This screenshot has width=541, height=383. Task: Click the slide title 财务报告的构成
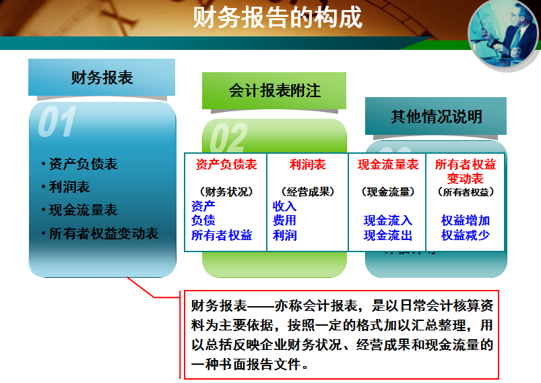pos(277,18)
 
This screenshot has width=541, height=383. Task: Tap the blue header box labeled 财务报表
pos(102,78)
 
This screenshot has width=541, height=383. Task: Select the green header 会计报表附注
pos(274,90)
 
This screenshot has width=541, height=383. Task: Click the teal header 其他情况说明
pos(436,116)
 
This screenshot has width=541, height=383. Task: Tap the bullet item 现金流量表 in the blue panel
pos(83,210)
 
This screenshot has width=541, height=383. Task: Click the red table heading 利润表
pos(307,165)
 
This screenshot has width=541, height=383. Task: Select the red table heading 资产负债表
pos(226,165)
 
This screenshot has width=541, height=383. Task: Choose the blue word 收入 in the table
pos(284,206)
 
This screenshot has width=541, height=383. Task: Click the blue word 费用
pos(284,220)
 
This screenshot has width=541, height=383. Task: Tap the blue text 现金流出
pos(388,235)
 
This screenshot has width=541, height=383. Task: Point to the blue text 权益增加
pos(466,220)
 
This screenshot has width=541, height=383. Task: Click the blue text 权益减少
pos(466,235)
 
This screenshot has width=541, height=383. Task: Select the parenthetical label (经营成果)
pos(307,191)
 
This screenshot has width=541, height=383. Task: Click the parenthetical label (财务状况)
pos(226,191)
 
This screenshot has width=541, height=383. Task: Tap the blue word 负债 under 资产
pos(203,220)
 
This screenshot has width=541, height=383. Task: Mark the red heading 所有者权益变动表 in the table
pos(466,171)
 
